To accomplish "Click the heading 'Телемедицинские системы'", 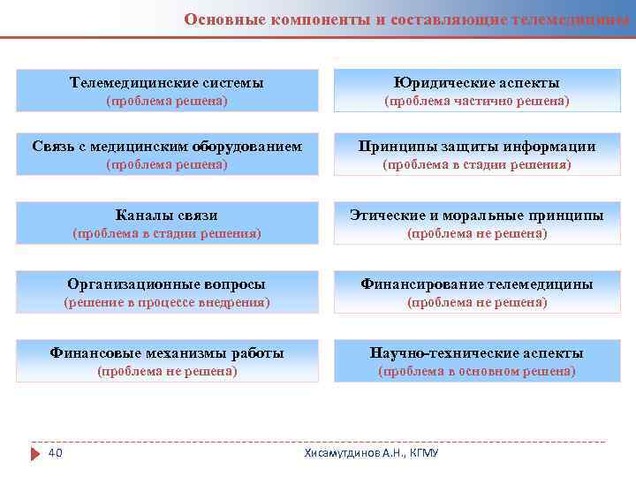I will (166, 83).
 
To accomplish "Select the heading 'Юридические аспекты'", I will (476, 83).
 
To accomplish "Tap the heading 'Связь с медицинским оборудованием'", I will (166, 147).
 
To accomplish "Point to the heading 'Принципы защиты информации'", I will (476, 147).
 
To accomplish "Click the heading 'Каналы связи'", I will (166, 216).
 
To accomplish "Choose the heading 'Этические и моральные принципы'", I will (476, 216).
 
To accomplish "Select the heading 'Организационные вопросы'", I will (166, 284).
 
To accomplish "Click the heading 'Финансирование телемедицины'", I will (476, 284).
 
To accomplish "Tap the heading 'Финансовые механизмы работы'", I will (166, 353).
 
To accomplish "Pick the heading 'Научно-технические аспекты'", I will (476, 353).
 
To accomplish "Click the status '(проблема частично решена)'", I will (476, 102).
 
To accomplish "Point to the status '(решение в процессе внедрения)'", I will (166, 303).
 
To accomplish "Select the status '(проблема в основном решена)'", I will (476, 372).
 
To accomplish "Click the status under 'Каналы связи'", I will (166, 234).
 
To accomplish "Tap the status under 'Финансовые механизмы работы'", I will (166, 372).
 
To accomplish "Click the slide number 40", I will (55, 453).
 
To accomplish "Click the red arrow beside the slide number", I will (35, 454).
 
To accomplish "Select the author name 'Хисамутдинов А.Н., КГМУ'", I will (371, 453).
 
